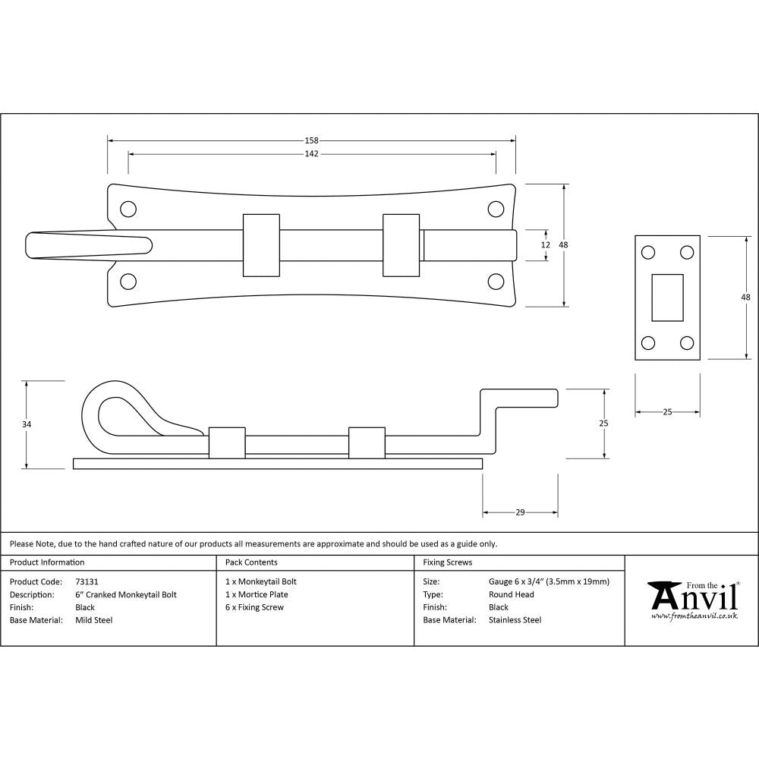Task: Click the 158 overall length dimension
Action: tap(311, 140)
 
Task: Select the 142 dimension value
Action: tap(311, 153)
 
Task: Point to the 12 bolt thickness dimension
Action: tap(545, 244)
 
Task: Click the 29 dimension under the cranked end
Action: tap(520, 513)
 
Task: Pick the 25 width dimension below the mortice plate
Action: tap(667, 412)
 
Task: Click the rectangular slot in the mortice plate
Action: tap(667, 297)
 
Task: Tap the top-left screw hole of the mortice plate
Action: tap(648, 253)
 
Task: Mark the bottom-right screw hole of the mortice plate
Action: tap(687, 342)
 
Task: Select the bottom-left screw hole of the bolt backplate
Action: tap(128, 282)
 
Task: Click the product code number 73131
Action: tap(87, 581)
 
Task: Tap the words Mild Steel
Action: tap(93, 620)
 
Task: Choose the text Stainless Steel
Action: tap(515, 620)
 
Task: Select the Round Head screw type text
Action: tap(511, 594)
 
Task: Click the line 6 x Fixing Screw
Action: tap(254, 607)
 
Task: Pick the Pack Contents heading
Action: tap(251, 562)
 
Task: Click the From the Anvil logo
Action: tap(692, 600)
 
